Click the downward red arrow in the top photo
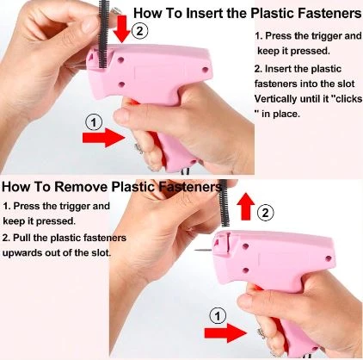point(122,29)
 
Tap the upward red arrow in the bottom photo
point(246,207)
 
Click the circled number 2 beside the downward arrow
point(139,30)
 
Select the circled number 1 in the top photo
point(94,122)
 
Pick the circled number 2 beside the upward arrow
point(266,213)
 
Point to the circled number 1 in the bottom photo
point(218,316)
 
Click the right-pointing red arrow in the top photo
point(104,138)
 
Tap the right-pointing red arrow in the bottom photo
point(225,333)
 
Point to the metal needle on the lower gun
point(205,250)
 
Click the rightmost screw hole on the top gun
point(206,70)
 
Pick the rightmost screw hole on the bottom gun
point(329,258)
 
